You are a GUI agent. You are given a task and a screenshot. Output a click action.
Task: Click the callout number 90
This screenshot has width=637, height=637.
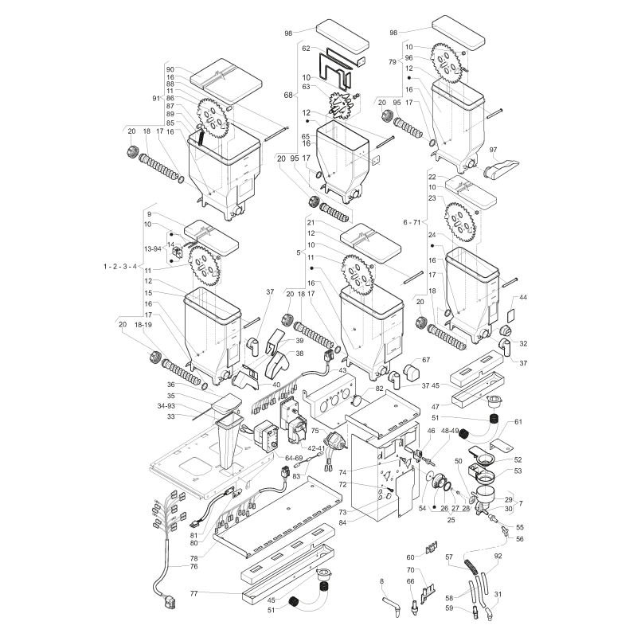170,70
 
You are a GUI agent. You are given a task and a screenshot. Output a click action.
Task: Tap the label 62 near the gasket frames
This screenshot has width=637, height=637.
306,49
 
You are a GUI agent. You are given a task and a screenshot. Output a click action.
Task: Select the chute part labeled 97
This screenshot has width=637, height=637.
500,168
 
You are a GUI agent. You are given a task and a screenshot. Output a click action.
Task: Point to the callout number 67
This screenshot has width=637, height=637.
426,360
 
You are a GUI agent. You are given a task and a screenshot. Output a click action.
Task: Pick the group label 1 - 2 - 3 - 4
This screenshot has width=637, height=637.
120,267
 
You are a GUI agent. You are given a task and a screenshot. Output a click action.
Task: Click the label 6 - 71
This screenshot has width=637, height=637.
412,222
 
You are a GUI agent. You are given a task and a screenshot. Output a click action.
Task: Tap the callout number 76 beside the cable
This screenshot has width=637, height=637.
193,566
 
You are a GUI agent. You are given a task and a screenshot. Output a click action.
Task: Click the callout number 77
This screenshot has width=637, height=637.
193,593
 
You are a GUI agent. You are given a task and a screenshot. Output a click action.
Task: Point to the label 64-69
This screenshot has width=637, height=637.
294,459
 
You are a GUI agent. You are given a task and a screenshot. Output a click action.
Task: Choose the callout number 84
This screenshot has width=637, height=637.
342,523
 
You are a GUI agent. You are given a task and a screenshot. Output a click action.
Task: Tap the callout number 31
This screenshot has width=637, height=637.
498,594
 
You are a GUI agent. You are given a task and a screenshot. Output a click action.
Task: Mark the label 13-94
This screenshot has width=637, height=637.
153,248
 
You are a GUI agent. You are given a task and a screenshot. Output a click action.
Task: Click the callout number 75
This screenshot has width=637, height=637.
315,431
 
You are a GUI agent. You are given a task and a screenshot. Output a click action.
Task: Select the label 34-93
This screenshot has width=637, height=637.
166,406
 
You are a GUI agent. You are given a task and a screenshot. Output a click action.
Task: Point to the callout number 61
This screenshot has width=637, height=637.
518,422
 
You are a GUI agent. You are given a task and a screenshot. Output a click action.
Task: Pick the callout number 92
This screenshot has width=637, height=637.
498,556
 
